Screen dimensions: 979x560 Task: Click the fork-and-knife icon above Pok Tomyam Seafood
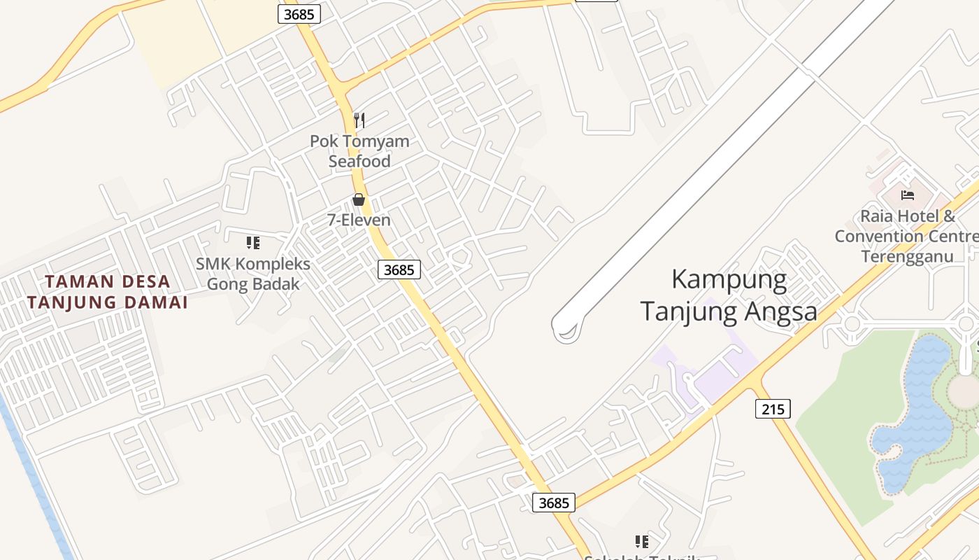[x=359, y=120]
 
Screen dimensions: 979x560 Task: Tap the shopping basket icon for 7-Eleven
[x=359, y=199]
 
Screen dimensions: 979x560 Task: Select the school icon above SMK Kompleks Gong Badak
[x=253, y=243]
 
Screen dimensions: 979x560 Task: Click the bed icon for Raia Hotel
[x=908, y=195]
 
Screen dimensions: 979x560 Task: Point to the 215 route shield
[x=773, y=408]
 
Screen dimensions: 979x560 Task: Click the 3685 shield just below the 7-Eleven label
[x=399, y=269]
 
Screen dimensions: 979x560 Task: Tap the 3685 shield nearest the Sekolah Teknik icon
[x=554, y=502]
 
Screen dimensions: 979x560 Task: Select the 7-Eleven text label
[x=359, y=220]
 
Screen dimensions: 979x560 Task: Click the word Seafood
[x=359, y=161]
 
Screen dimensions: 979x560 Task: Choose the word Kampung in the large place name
[x=729, y=279]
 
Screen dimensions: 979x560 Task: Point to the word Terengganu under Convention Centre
[x=907, y=256]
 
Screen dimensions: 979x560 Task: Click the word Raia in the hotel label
[x=877, y=216]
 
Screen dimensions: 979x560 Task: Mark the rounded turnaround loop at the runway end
[x=567, y=328]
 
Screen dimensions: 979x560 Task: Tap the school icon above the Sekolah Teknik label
[x=642, y=541]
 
